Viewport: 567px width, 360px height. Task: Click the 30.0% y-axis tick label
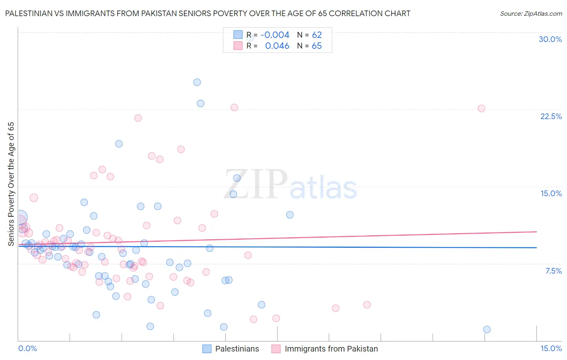point(550,39)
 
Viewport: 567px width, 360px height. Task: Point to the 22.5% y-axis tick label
point(551,116)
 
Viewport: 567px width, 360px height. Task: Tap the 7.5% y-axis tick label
point(553,271)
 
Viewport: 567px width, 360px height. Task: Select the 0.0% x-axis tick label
point(27,348)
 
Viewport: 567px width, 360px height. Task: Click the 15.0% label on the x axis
point(551,348)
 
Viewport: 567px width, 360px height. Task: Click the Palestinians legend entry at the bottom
point(237,349)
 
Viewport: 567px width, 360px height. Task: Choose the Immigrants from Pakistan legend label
point(331,349)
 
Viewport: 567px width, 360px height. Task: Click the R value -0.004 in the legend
point(275,35)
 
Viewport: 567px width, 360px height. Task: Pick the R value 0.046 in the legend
point(277,46)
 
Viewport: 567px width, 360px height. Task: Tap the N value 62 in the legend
point(317,35)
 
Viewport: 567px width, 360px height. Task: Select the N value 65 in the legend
point(317,46)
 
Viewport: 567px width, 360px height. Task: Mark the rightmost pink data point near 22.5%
point(481,109)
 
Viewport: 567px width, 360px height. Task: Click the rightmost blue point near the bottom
point(487,329)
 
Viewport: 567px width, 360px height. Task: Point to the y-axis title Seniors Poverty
point(11,184)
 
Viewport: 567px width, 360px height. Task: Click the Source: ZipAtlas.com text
point(531,13)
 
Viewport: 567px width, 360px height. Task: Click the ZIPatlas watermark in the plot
point(290,185)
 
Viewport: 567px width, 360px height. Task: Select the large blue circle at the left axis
point(20,218)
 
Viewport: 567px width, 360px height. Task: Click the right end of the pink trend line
point(536,232)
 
